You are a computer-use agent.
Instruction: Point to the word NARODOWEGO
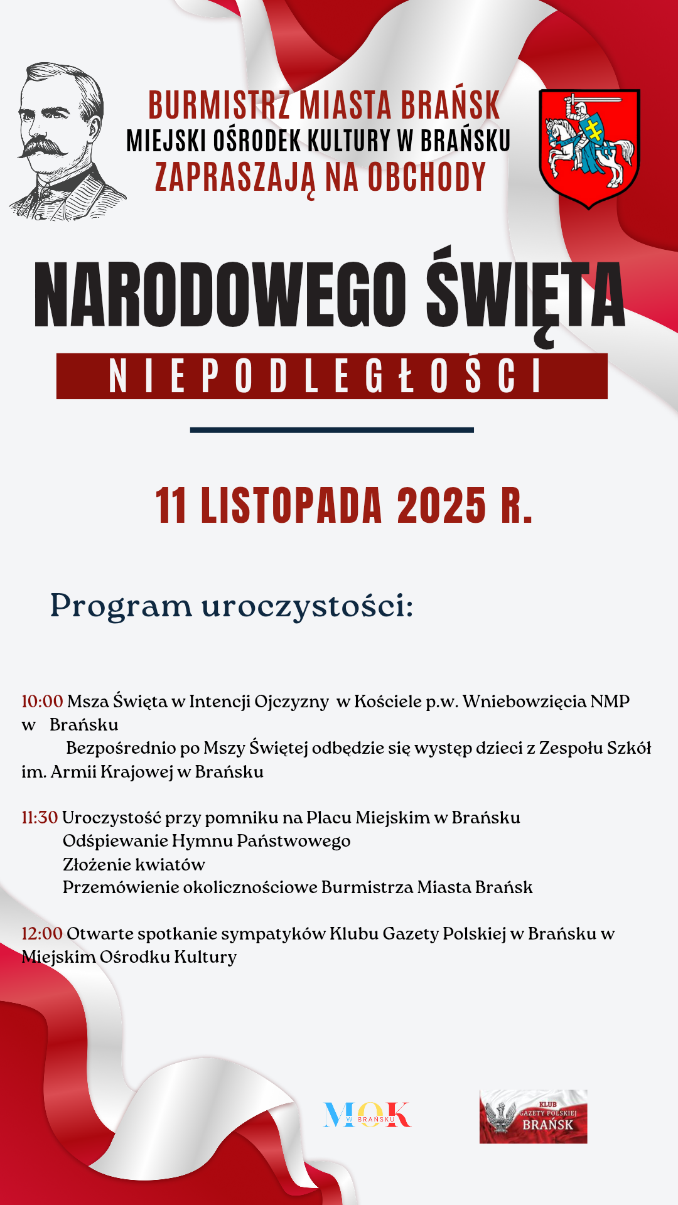(220, 295)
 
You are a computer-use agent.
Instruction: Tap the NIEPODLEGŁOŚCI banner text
(325, 377)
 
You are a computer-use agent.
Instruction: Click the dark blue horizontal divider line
(331, 430)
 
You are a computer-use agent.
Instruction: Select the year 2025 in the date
(441, 506)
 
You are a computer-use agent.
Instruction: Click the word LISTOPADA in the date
(291, 506)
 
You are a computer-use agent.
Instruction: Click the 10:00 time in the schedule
(42, 701)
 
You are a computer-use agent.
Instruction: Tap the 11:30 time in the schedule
(40, 817)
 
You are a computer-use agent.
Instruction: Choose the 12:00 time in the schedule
(42, 933)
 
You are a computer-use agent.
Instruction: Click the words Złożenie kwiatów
(134, 864)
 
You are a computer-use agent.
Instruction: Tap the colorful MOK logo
(367, 1115)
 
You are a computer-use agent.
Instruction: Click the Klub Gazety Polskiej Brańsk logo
(533, 1117)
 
